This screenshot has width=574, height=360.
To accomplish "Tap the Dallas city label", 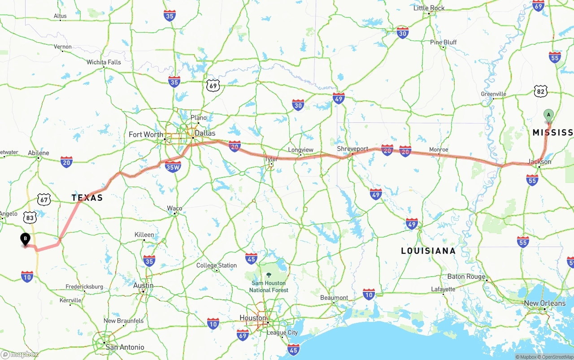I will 205,133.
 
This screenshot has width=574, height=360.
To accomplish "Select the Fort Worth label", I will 146,134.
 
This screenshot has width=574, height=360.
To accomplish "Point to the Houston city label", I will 253,318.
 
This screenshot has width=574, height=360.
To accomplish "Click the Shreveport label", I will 352,149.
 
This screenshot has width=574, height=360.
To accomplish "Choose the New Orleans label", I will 544,304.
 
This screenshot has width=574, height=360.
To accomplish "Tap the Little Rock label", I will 429,8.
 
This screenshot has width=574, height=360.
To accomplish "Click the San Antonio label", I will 125,347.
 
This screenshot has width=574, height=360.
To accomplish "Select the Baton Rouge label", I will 466,277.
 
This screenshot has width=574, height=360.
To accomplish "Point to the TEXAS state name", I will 87,198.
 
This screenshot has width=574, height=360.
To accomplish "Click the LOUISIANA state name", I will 428,251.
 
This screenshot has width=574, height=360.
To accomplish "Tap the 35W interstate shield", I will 173,167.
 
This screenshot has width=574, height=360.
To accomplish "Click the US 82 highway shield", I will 541,91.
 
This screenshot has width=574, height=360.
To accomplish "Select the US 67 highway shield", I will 43,200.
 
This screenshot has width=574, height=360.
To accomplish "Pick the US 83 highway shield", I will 30,218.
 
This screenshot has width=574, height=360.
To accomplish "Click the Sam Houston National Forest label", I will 269,286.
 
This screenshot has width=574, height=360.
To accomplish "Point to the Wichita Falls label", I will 104,62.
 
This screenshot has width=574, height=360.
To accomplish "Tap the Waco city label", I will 174,208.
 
